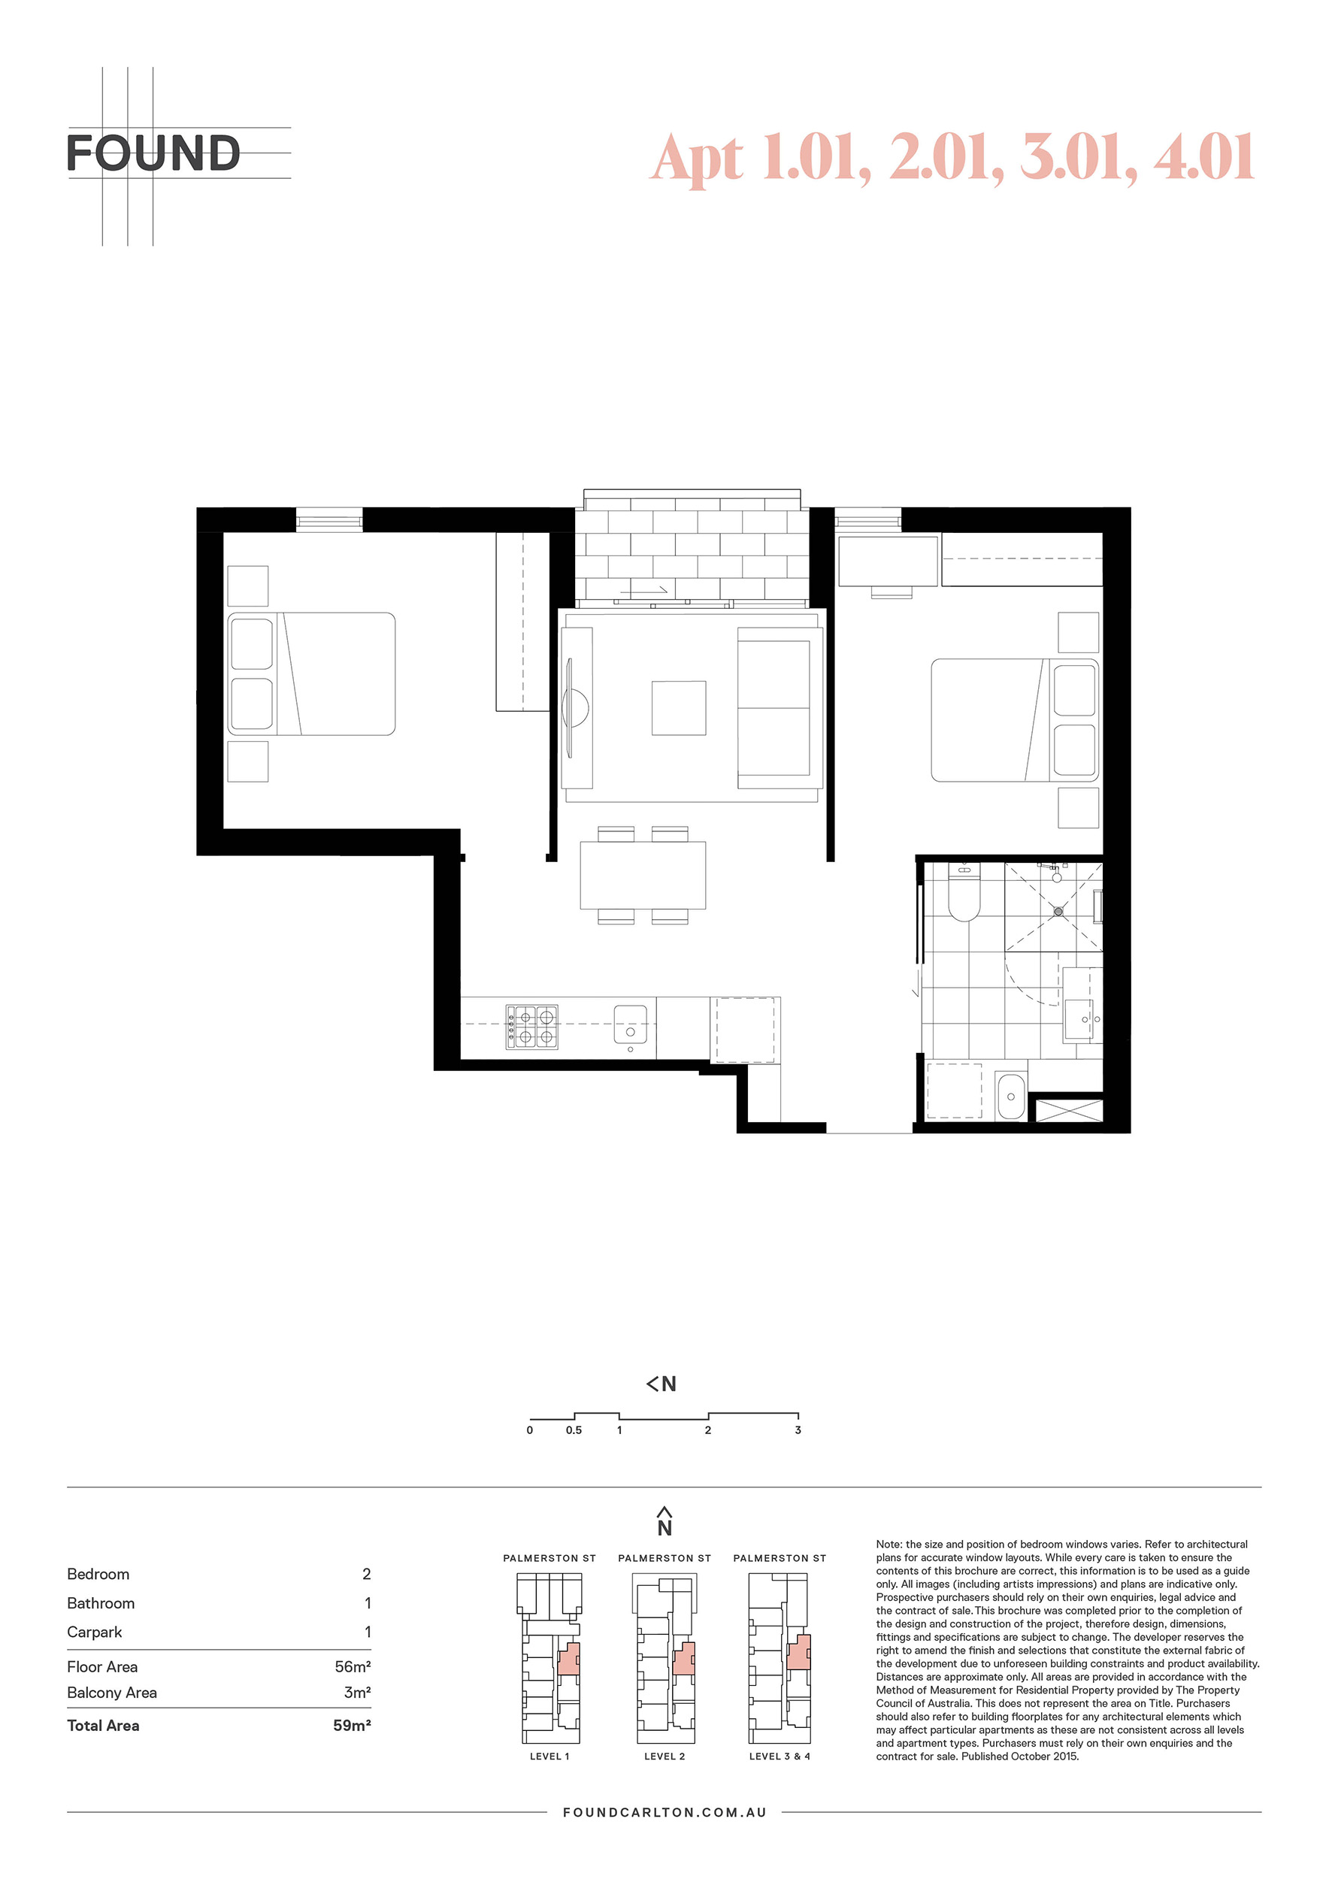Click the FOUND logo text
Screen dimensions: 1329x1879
pyautogui.click(x=153, y=153)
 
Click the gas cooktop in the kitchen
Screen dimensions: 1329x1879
pyautogui.click(x=532, y=1027)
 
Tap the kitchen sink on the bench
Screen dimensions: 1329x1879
pyautogui.click(x=630, y=1025)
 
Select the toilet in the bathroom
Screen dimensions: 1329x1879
pyautogui.click(x=964, y=892)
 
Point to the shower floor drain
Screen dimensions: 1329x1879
pyautogui.click(x=1058, y=911)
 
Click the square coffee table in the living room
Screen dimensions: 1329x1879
pyautogui.click(x=679, y=708)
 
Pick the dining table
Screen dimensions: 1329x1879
pyautogui.click(x=643, y=875)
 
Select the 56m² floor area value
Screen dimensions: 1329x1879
pyautogui.click(x=353, y=1667)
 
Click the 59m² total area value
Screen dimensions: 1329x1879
pyautogui.click(x=352, y=1725)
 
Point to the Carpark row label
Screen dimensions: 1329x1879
pyautogui.click(x=95, y=1632)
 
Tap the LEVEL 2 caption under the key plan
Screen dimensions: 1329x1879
pyautogui.click(x=664, y=1756)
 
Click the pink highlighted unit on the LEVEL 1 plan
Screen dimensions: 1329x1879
pyautogui.click(x=569, y=1658)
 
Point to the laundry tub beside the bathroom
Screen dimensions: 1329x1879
pyautogui.click(x=1012, y=1096)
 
